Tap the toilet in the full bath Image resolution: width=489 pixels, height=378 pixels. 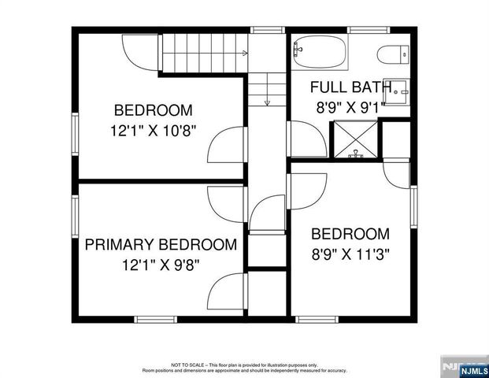(x=391, y=54)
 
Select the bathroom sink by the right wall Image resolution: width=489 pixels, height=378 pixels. (x=399, y=89)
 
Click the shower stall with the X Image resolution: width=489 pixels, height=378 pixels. (x=355, y=142)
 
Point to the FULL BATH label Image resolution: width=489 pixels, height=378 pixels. (x=350, y=87)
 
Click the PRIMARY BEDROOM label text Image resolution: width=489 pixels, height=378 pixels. (x=161, y=245)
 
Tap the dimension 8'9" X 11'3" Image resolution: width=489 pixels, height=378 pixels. (x=350, y=254)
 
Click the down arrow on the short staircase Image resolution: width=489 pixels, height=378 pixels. (x=268, y=101)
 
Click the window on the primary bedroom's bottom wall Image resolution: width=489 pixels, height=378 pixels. (x=154, y=319)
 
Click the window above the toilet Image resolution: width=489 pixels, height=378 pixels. (x=369, y=30)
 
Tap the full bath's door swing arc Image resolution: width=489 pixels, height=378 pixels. (x=308, y=138)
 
